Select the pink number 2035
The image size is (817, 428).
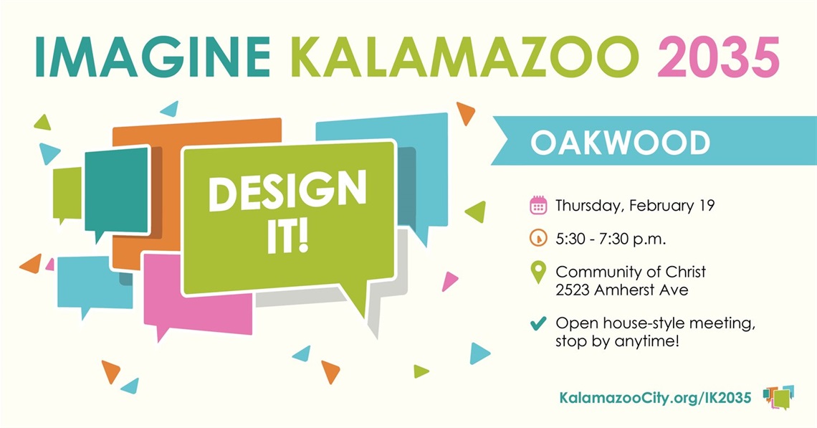(718, 57)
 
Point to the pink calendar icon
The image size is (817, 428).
(538, 206)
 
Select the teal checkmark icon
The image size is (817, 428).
(538, 324)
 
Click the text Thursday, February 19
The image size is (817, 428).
(635, 206)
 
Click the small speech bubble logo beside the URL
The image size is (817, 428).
(779, 396)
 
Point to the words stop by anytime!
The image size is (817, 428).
(616, 342)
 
